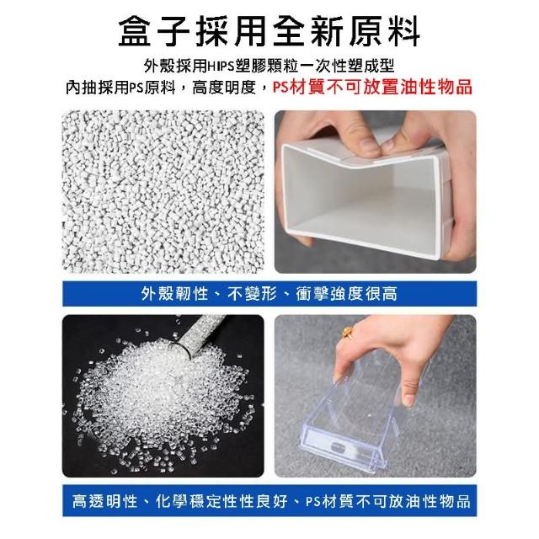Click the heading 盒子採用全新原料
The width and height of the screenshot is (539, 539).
269,32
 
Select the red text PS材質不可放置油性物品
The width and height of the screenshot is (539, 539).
372,87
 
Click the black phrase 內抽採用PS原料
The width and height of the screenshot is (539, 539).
120,88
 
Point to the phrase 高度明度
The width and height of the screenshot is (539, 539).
224,88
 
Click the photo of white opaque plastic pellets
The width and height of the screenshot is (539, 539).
163,192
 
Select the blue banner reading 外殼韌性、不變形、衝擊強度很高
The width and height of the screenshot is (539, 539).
269,294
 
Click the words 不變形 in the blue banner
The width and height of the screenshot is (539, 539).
252,294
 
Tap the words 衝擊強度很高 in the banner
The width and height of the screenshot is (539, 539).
346,294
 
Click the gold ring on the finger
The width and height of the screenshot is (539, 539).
347,333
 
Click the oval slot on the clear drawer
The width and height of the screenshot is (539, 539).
340,447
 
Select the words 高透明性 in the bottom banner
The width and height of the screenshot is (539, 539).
104,501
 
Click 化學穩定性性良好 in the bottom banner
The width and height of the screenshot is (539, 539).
221,501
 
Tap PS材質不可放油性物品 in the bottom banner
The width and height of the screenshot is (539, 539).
388,501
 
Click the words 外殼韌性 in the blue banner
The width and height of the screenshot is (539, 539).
175,294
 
